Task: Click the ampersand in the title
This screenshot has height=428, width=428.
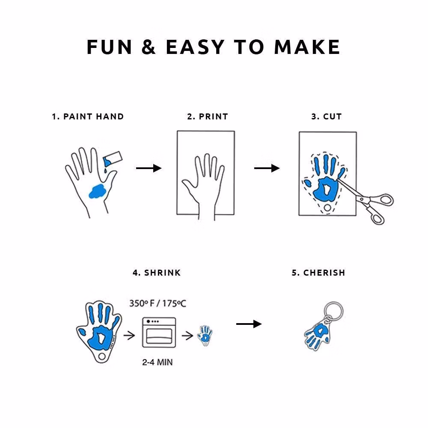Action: click(149, 47)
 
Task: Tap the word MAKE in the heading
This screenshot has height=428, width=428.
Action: click(307, 47)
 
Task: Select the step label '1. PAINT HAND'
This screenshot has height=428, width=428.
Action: click(88, 116)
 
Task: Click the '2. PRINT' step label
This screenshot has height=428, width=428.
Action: click(208, 116)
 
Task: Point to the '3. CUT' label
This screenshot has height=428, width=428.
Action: click(327, 116)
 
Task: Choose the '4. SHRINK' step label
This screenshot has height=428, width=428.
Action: click(157, 273)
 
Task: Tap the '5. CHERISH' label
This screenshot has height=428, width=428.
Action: click(318, 273)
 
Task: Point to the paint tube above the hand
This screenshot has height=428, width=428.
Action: click(113, 159)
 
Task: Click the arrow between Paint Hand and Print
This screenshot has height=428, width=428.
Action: click(149, 168)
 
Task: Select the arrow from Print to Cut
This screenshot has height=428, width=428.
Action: click(267, 168)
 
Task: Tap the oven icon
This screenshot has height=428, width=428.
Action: click(159, 332)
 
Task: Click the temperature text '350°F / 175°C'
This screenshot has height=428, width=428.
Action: click(158, 303)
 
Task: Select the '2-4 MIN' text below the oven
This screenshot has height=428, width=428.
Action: click(158, 362)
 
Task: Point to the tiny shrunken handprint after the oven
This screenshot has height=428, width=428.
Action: click(205, 336)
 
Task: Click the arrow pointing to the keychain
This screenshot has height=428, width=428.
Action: click(249, 324)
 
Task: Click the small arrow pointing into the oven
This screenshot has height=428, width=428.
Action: click(129, 335)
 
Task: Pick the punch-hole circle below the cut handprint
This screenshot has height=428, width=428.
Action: click(327, 208)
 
